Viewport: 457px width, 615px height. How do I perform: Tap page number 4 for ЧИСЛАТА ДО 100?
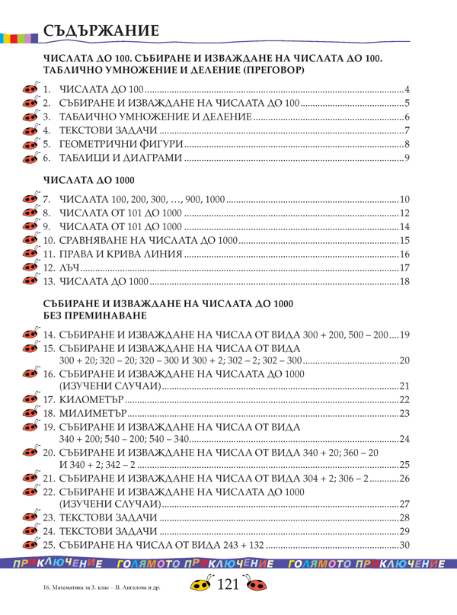[x=407, y=89]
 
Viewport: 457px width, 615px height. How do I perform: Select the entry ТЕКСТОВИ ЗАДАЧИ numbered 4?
[x=92, y=130]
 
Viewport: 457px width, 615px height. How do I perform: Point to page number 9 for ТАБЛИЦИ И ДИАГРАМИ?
[x=407, y=158]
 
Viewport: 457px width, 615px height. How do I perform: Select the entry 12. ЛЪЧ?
[x=66, y=267]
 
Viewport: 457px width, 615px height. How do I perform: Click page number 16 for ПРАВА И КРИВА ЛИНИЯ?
[x=405, y=255]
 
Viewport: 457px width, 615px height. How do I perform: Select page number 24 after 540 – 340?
[x=405, y=438]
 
